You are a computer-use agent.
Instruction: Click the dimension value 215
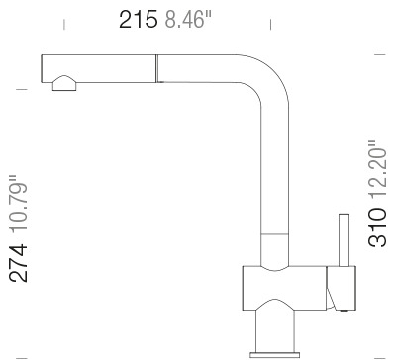point(139,19)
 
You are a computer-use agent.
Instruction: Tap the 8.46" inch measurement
point(188,19)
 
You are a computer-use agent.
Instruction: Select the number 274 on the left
point(18,263)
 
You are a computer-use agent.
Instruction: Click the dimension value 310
point(377,227)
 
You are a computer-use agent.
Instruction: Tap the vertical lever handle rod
point(344,240)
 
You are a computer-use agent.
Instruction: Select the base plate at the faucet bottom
point(275,354)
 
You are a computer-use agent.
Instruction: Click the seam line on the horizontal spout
point(156,68)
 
